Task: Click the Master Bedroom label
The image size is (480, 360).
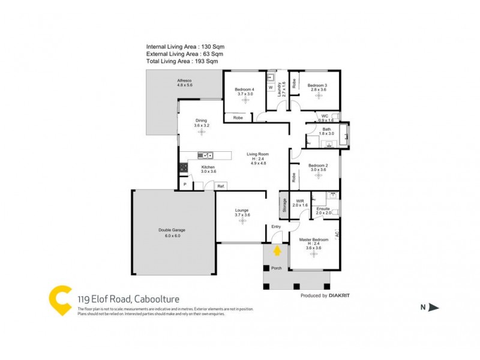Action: tap(313, 240)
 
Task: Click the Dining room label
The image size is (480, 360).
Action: tap(201, 122)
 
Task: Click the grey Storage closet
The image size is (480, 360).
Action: tap(284, 206)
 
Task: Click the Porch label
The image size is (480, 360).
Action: tap(277, 268)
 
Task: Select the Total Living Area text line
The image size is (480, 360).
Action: tap(182, 61)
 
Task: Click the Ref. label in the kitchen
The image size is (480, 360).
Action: tap(221, 186)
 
